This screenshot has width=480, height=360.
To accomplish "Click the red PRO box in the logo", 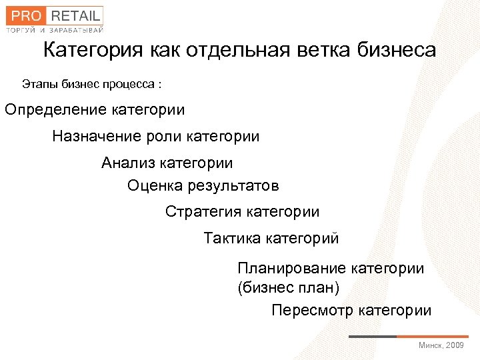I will pyautogui.click(x=23, y=15).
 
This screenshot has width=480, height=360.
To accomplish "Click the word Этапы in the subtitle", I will pyautogui.click(x=39, y=85).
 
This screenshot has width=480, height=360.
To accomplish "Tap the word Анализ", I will pyautogui.click(x=127, y=163).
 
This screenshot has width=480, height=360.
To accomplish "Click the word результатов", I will pyautogui.click(x=231, y=185).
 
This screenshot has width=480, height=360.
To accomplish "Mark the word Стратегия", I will pyautogui.click(x=203, y=212).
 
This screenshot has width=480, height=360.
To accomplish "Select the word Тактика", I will pyautogui.click(x=232, y=238).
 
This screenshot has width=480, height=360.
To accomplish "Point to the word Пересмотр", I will pyautogui.click(x=312, y=310).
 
